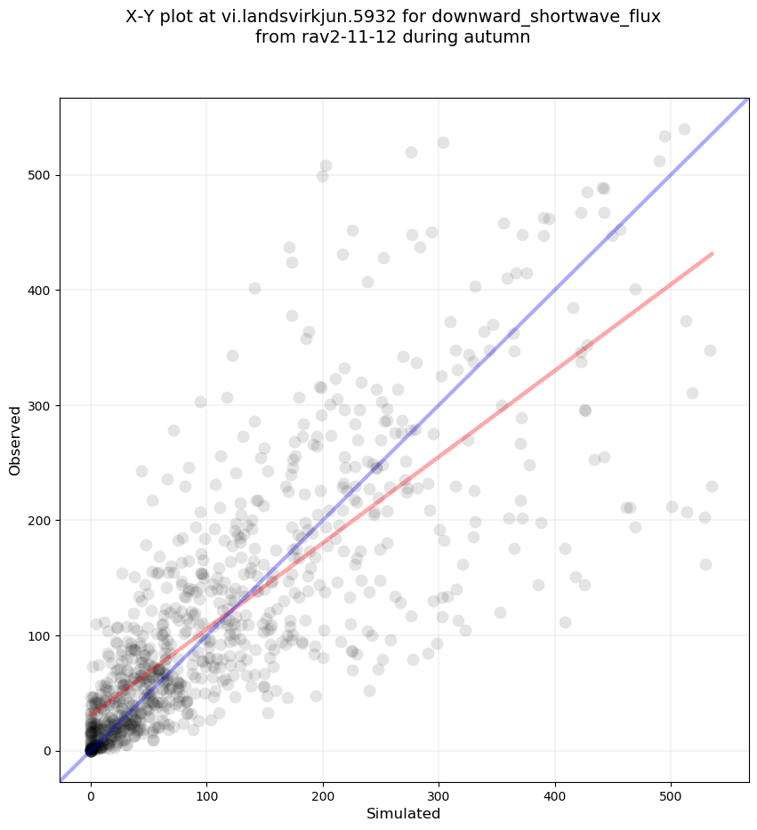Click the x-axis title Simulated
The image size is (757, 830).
(404, 813)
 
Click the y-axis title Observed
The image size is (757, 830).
(15, 440)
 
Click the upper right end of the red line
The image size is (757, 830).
(713, 253)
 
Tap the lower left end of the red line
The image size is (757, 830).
(89, 715)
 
